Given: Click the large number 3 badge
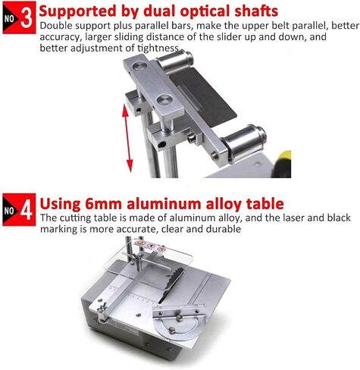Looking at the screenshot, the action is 19,17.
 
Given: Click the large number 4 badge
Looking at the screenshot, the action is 19,209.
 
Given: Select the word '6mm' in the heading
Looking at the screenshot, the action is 104,204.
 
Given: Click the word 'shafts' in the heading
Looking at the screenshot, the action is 256,11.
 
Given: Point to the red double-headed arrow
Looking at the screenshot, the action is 127,138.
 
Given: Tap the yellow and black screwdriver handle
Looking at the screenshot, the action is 282,165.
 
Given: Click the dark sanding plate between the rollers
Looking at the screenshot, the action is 203,96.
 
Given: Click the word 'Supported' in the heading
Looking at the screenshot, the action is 78,11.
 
